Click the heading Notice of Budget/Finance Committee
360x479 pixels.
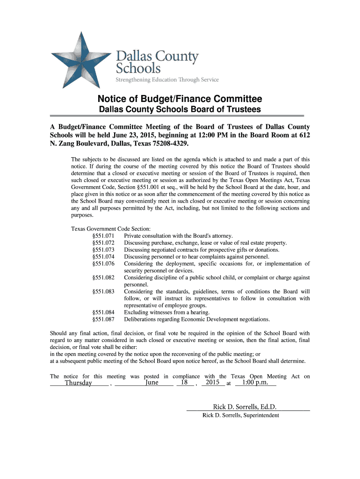(x=180, y=99)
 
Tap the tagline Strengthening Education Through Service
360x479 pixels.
(x=167, y=80)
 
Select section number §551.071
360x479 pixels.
(x=103, y=236)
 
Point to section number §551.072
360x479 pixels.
(x=103, y=243)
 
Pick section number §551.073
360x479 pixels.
(x=103, y=250)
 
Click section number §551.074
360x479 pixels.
(x=103, y=257)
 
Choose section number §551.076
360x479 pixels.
(x=103, y=264)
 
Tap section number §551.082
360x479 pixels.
(x=103, y=277)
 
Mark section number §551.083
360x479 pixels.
(x=103, y=291)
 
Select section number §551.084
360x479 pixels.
(x=103, y=312)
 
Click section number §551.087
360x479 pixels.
(x=103, y=319)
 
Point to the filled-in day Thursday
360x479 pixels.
(x=78, y=383)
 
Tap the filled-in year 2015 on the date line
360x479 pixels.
(x=212, y=383)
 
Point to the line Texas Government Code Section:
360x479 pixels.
(x=110, y=229)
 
